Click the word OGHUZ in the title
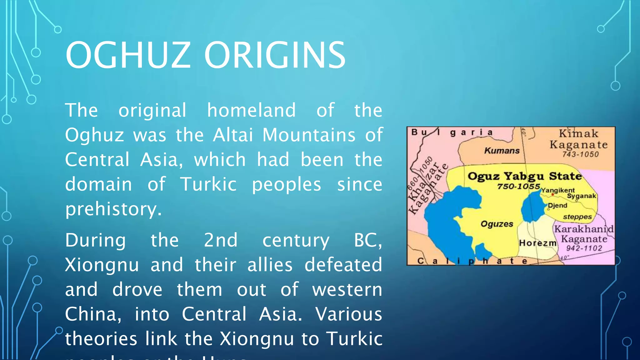(x=128, y=55)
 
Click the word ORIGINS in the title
(x=275, y=55)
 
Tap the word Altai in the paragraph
(x=233, y=135)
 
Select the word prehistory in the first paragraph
(x=113, y=209)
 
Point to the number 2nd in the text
(x=221, y=240)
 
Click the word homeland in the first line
(x=251, y=110)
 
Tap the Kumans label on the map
(x=502, y=151)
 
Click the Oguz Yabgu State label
(x=524, y=176)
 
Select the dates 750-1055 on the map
(x=519, y=187)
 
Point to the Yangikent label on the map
(x=558, y=190)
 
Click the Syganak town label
(x=582, y=196)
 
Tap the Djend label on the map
(x=558, y=206)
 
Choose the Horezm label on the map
(x=537, y=243)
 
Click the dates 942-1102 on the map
(x=584, y=248)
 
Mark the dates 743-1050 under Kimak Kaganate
(x=580, y=154)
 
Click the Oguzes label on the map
(x=497, y=224)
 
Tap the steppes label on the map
(x=577, y=217)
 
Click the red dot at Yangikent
(x=552, y=195)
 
